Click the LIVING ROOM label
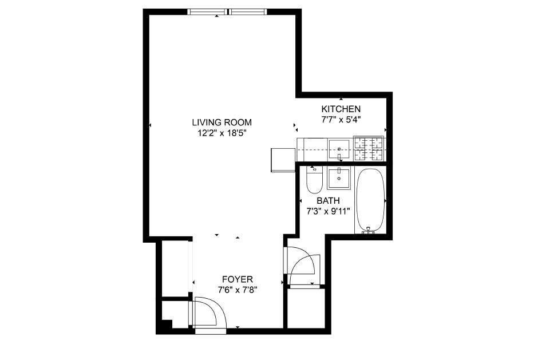pyautogui.click(x=221, y=122)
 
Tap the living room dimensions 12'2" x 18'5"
pyautogui.click(x=221, y=133)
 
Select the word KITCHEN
pyautogui.click(x=341, y=109)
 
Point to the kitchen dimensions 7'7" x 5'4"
pyautogui.click(x=341, y=120)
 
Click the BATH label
pyautogui.click(x=328, y=200)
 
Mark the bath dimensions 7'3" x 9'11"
pyautogui.click(x=328, y=211)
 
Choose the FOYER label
pyautogui.click(x=238, y=279)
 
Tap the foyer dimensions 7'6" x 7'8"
pyautogui.click(x=238, y=290)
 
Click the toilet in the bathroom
pyautogui.click(x=314, y=181)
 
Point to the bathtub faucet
pyautogui.click(x=370, y=230)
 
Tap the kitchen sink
pyautogui.click(x=339, y=149)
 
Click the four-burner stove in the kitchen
pyautogui.click(x=369, y=149)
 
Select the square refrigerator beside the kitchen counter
pyautogui.click(x=282, y=159)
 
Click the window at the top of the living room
pyautogui.click(x=227, y=11)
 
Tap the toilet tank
pyautogui.click(x=314, y=169)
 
